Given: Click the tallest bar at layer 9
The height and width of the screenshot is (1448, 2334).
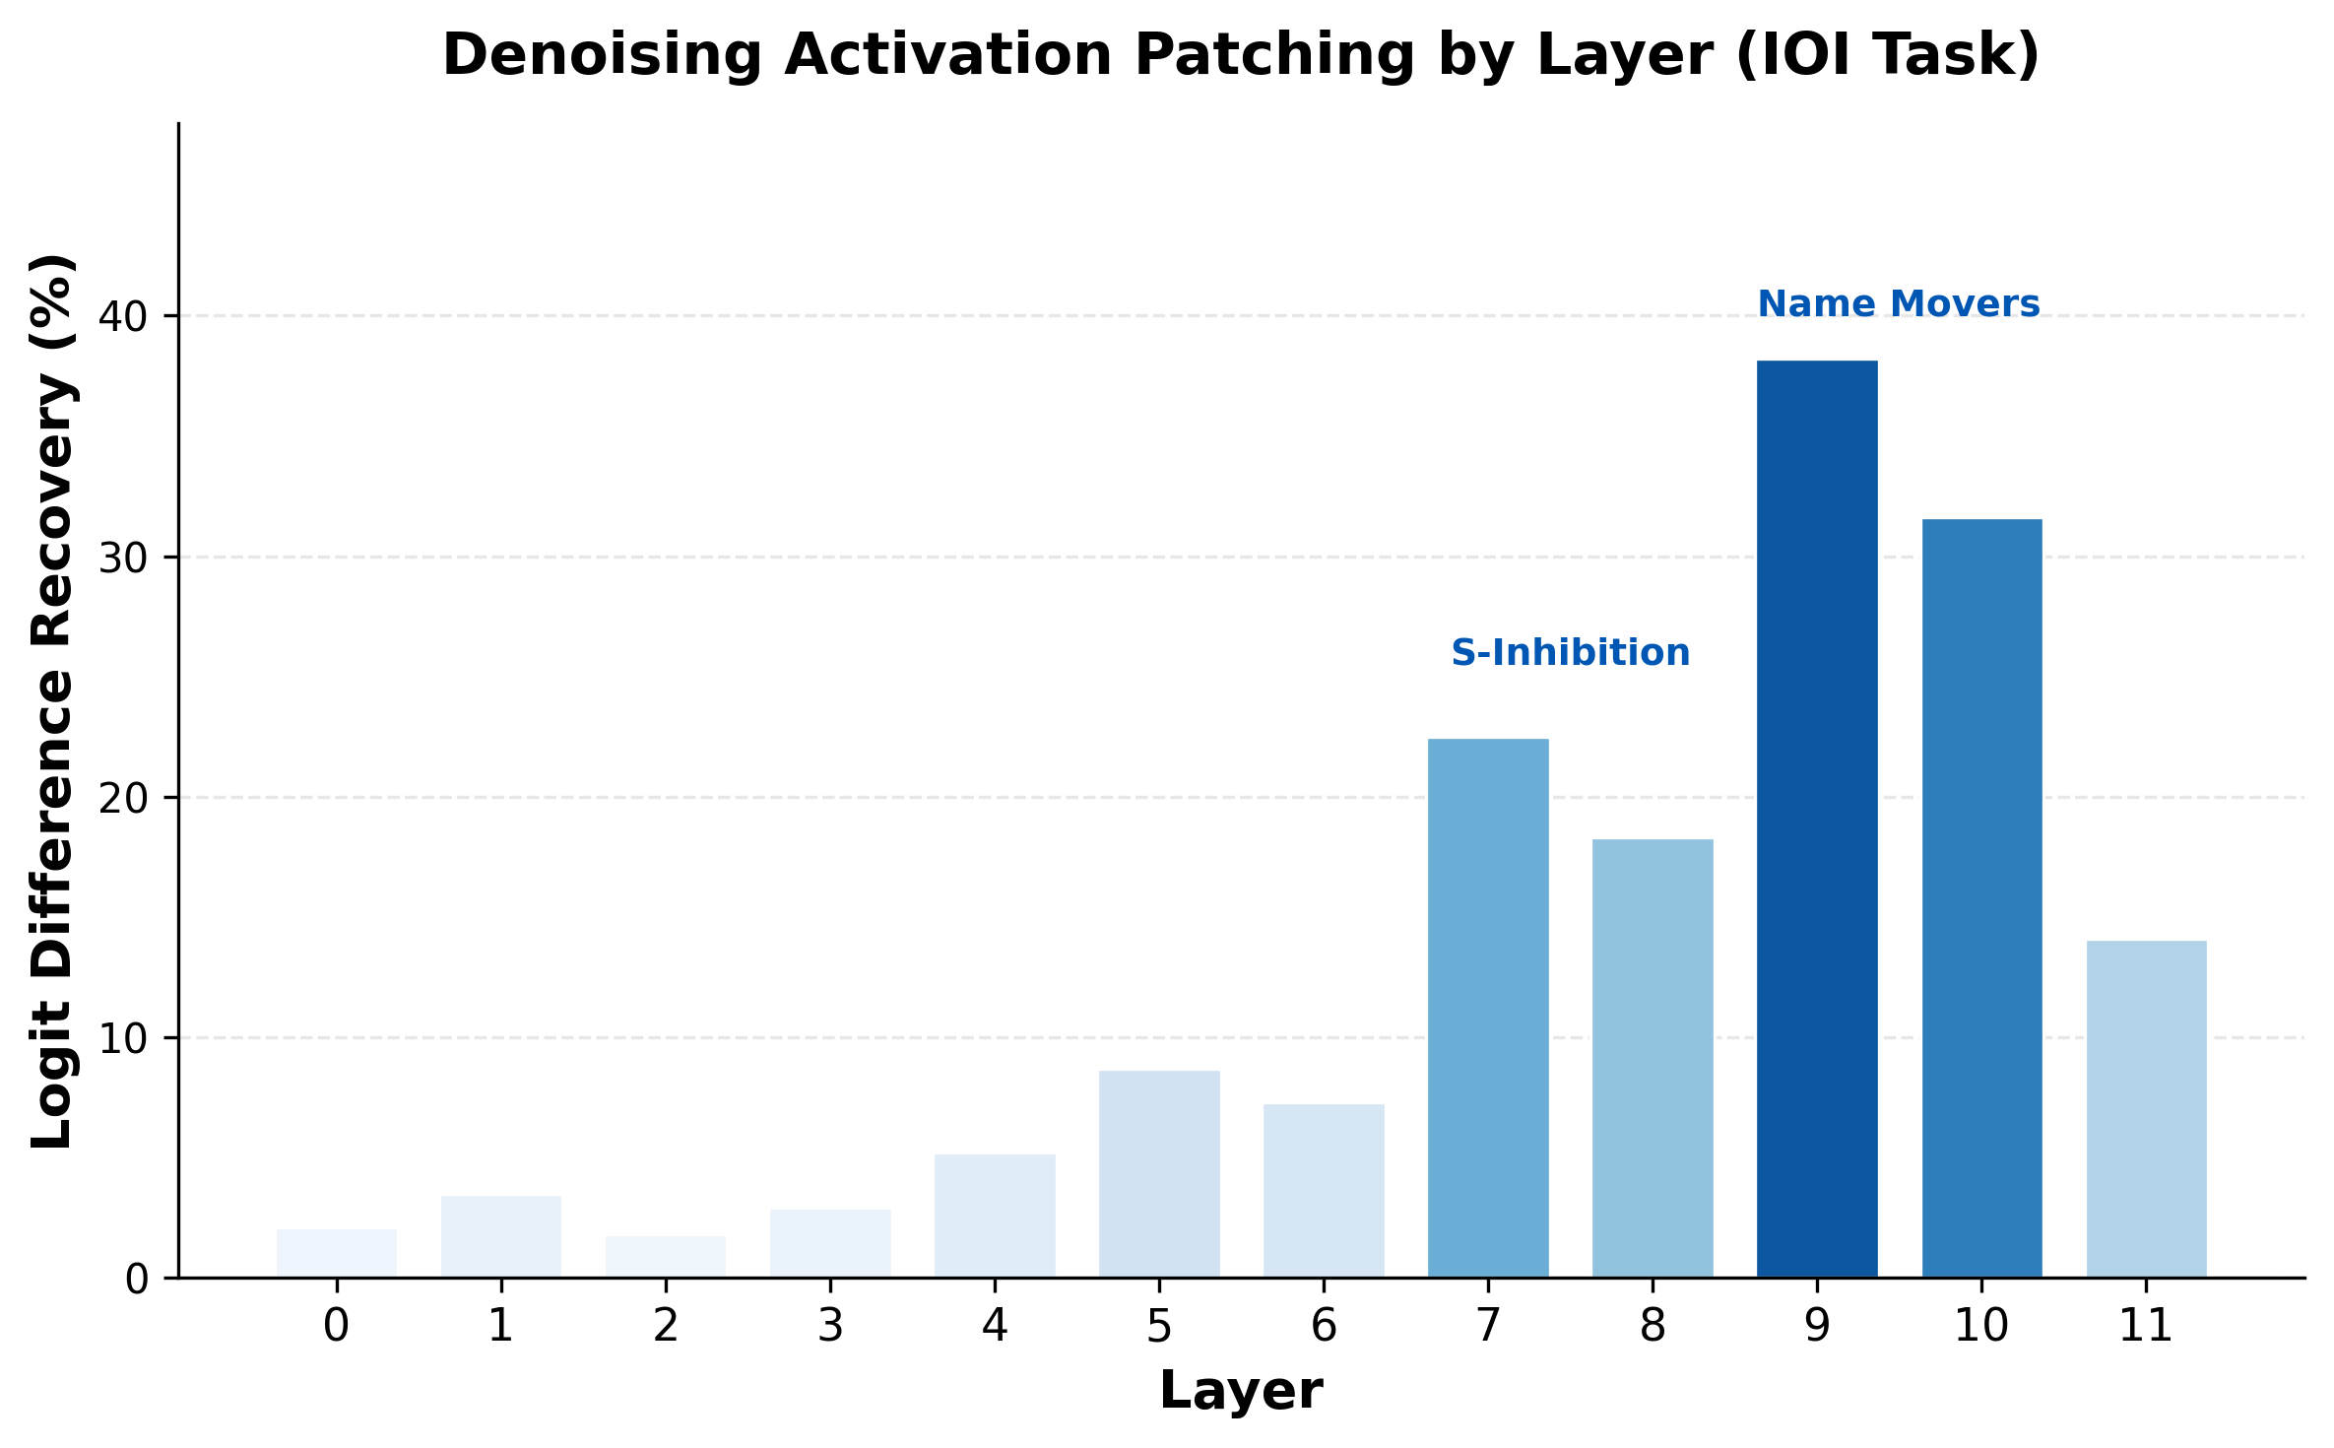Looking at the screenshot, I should tap(1817, 818).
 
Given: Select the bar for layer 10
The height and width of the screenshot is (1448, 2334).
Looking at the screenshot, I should tap(1981, 896).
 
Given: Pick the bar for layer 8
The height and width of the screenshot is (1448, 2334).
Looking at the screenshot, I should tap(1653, 1058).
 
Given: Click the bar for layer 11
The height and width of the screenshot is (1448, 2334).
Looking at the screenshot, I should tap(2146, 1108).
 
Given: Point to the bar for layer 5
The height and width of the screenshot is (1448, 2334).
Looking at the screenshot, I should tap(1159, 1173).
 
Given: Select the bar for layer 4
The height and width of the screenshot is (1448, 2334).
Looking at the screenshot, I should tap(995, 1216).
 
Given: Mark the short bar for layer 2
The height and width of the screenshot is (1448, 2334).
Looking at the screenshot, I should tap(666, 1257).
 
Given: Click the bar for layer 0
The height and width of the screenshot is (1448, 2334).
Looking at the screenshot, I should tap(337, 1253).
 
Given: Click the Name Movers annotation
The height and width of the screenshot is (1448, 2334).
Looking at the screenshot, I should tap(1899, 304).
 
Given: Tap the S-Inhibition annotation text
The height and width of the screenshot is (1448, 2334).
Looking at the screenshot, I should tap(1570, 653).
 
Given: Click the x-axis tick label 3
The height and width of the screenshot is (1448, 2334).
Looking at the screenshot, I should tap(830, 1327).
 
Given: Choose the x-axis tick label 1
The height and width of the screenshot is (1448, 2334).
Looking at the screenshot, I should tap(501, 1327).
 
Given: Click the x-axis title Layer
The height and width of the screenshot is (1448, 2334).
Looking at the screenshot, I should tap(1241, 1391).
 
